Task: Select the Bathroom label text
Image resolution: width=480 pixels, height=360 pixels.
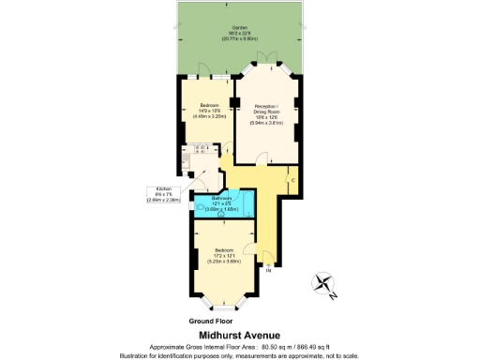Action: [221, 198]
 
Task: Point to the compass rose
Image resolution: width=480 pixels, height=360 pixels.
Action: [324, 283]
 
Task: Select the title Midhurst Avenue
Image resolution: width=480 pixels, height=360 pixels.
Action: [239, 330]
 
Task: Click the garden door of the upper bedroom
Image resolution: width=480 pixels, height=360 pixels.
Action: [201, 75]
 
